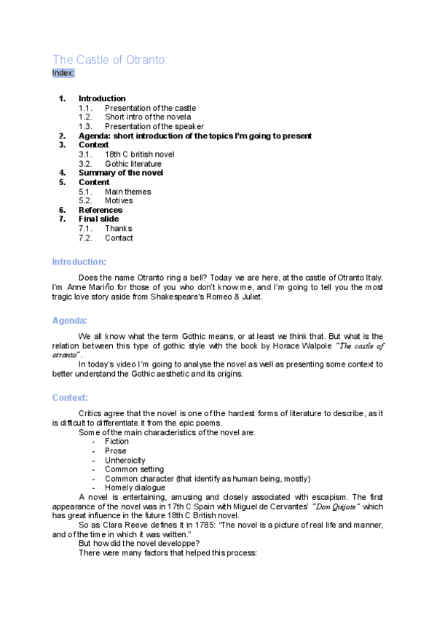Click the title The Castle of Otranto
pos(110,60)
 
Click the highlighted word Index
pos(63,73)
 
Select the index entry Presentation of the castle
pos(150,108)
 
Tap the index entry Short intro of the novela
pos(148,117)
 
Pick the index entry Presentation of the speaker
pos(154,127)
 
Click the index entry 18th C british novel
pos(139,154)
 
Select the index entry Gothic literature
pos(133,164)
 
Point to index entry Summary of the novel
pos(121,173)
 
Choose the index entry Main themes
pos(128,192)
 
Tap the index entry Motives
pos(119,200)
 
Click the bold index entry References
pos(101,210)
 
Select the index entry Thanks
pos(119,228)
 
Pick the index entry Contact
pos(119,238)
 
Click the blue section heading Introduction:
pos(79,262)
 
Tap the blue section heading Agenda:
pos(70,321)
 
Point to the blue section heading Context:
pos(71,398)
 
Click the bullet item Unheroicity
pos(125,460)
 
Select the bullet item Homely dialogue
pos(135,488)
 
